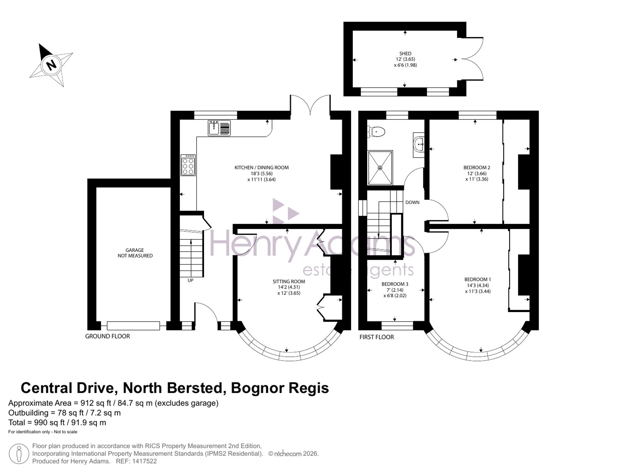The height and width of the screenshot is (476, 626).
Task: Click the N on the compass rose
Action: point(51,65)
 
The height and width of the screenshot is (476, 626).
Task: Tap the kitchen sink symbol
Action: point(219,128)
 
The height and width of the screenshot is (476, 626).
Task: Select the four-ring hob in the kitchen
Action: point(188,165)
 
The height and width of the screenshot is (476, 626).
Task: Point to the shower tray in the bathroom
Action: point(380,168)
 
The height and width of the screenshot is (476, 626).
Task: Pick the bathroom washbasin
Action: point(419,145)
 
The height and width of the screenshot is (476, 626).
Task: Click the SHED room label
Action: point(405,54)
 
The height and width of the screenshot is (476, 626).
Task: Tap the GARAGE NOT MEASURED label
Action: point(135,253)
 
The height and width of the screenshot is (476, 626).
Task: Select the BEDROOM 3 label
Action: point(395,284)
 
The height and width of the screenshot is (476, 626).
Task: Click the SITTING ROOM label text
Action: point(289,282)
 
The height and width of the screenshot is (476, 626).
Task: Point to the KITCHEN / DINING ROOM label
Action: point(262,168)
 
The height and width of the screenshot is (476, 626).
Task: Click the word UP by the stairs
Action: point(190,280)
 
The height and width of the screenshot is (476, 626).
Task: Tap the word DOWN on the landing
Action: point(412,202)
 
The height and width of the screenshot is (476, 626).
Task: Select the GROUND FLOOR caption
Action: point(107,336)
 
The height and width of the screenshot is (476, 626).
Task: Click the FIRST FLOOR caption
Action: point(377,337)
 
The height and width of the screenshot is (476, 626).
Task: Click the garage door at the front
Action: point(133,326)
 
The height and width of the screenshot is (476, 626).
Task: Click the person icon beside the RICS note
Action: point(19,454)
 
